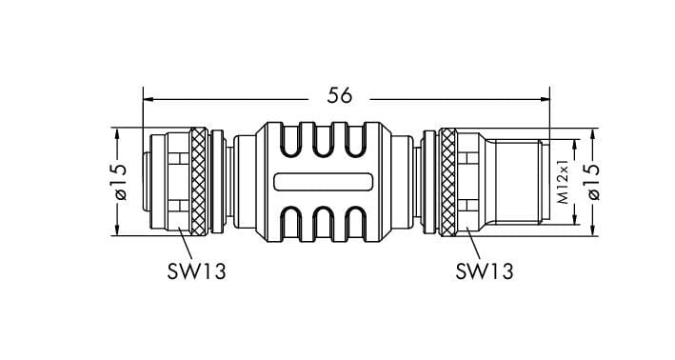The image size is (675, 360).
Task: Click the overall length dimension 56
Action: (x=339, y=95)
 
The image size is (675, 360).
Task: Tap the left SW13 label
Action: (x=196, y=271)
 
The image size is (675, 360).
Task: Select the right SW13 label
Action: (x=485, y=271)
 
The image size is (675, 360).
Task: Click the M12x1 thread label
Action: (x=563, y=182)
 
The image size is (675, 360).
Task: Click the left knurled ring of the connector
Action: (x=198, y=182)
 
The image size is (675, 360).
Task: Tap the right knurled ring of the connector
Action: (x=447, y=182)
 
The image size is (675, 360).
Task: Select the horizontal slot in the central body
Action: (x=324, y=181)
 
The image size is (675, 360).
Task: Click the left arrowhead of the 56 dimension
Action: (x=149, y=99)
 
